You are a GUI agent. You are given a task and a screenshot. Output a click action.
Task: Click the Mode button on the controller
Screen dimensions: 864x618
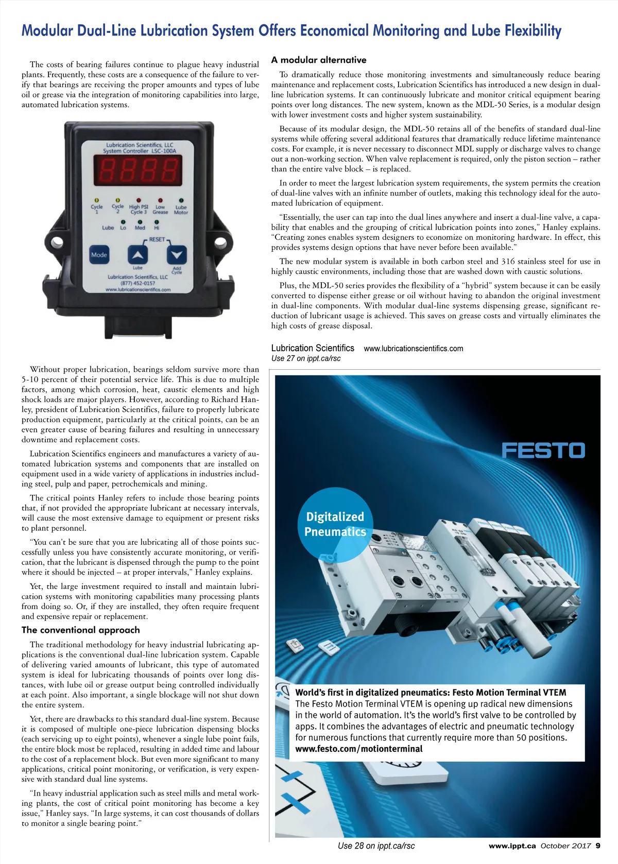(x=99, y=255)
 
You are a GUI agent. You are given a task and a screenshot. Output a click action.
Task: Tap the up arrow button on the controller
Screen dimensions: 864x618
(x=138, y=255)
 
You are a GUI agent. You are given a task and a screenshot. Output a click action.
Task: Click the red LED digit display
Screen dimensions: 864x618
(x=137, y=170)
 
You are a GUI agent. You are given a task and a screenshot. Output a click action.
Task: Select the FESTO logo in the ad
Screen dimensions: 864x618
(x=543, y=451)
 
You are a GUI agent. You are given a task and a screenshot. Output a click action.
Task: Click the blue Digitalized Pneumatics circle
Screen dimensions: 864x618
(x=335, y=524)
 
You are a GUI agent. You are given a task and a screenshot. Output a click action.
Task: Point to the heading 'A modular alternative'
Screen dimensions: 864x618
(x=319, y=60)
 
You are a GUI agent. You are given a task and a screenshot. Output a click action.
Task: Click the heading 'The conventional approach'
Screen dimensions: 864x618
(x=81, y=630)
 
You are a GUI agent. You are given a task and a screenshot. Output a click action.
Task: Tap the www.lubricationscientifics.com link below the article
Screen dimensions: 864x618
(x=413, y=349)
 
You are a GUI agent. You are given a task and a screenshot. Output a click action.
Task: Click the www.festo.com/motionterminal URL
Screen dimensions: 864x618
(x=358, y=749)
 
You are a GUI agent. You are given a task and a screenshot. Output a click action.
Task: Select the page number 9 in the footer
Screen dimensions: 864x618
(x=597, y=845)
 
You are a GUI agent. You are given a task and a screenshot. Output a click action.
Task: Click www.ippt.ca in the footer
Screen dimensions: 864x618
(x=512, y=845)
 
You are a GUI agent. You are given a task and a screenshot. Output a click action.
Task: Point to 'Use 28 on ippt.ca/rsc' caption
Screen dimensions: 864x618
(x=376, y=845)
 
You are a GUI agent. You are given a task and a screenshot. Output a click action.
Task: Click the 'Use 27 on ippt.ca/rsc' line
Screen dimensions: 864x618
(x=306, y=358)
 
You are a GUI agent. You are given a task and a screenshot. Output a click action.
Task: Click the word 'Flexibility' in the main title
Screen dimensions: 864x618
(x=533, y=30)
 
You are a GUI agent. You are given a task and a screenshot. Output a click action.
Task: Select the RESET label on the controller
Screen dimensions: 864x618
(x=157, y=239)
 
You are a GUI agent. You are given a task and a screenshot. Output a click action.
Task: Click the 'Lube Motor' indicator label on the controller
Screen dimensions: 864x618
(x=181, y=210)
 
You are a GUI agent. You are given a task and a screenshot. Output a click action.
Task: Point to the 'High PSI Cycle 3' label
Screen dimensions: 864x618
(x=139, y=209)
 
